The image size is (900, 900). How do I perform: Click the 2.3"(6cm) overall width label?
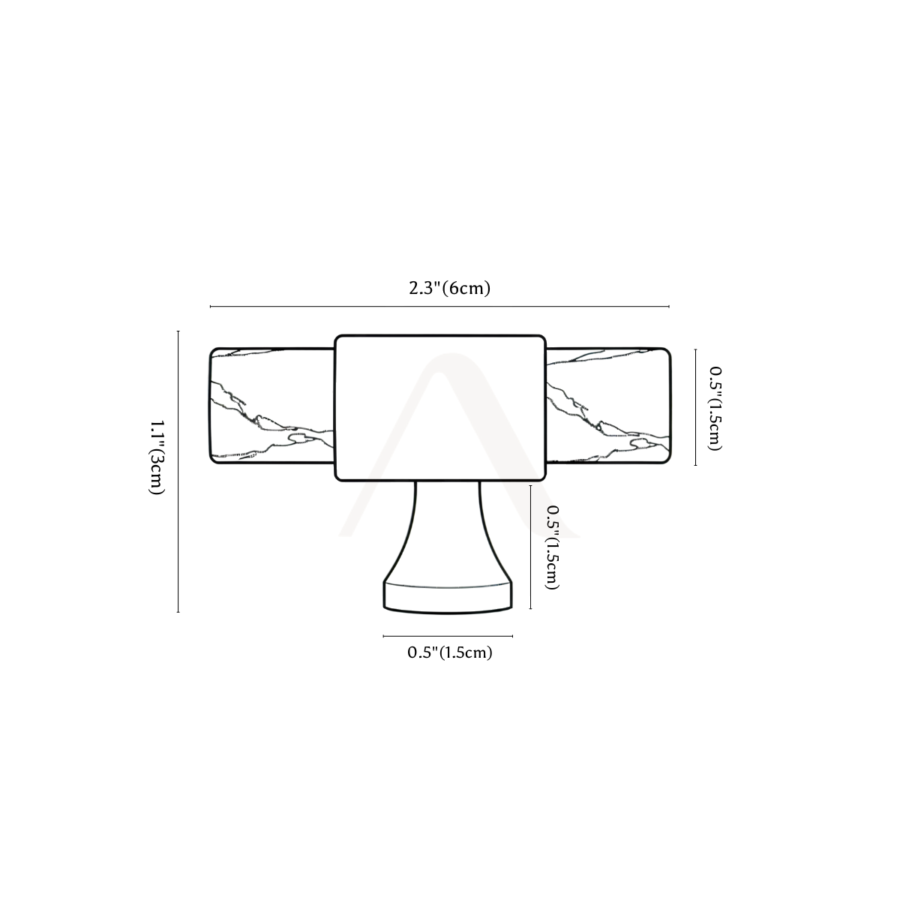pyautogui.click(x=450, y=288)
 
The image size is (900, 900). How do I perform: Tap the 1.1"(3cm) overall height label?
pyautogui.click(x=157, y=457)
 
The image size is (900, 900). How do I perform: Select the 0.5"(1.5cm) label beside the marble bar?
pyautogui.click(x=715, y=408)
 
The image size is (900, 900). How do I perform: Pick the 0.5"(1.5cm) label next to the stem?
pyautogui.click(x=553, y=547)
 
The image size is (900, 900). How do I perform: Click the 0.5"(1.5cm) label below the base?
pyautogui.click(x=450, y=652)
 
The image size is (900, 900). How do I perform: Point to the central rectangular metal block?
pyautogui.click(x=440, y=408)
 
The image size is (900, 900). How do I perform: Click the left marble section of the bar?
pyautogui.click(x=272, y=406)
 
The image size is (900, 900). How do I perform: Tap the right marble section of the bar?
pyautogui.click(x=608, y=406)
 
